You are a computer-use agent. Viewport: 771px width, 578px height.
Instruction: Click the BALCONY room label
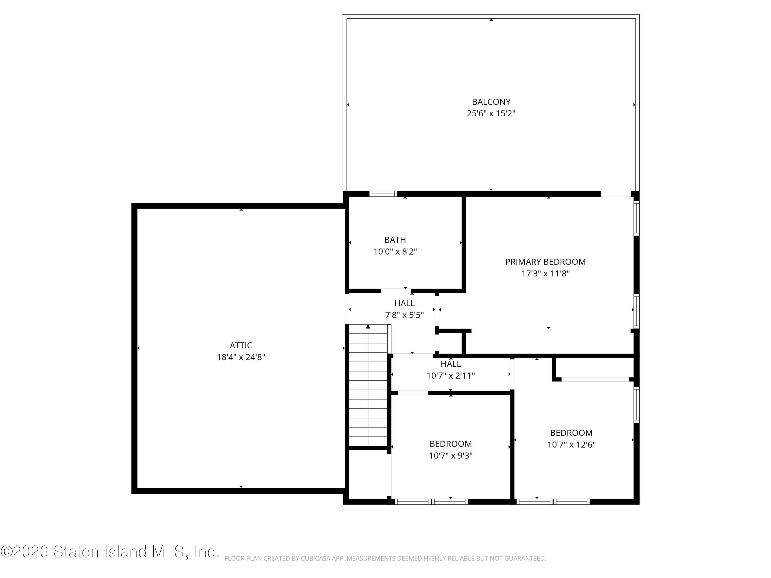(x=491, y=102)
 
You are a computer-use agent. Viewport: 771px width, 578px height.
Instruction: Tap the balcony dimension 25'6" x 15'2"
(x=491, y=114)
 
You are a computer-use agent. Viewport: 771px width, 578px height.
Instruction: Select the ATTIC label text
(x=241, y=345)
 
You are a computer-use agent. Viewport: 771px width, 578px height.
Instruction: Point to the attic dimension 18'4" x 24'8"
(x=241, y=357)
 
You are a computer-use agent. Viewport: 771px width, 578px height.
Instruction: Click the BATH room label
(x=395, y=240)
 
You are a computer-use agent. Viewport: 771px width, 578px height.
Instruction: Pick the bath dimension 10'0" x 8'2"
(x=395, y=251)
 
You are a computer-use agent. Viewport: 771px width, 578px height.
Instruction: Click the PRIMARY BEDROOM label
(x=546, y=262)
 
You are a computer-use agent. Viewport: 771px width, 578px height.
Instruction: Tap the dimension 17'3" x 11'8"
(x=546, y=274)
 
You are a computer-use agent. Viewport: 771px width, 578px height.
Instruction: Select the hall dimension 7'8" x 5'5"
(x=404, y=315)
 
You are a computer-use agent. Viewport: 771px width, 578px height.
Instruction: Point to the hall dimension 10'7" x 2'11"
(x=451, y=376)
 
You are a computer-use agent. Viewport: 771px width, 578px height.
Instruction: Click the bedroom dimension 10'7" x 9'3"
(x=451, y=456)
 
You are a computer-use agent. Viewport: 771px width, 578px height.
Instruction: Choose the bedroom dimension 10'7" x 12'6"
(x=571, y=445)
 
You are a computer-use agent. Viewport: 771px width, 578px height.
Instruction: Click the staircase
(x=368, y=385)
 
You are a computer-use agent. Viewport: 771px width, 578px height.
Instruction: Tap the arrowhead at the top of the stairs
(x=368, y=327)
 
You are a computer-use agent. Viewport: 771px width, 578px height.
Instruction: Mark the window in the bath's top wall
(x=383, y=194)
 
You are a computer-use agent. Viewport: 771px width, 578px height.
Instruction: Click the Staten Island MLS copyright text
(x=109, y=552)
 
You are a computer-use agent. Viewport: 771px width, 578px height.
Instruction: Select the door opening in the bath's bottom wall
(x=396, y=291)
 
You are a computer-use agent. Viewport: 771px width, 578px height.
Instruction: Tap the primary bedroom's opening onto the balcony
(x=616, y=194)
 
